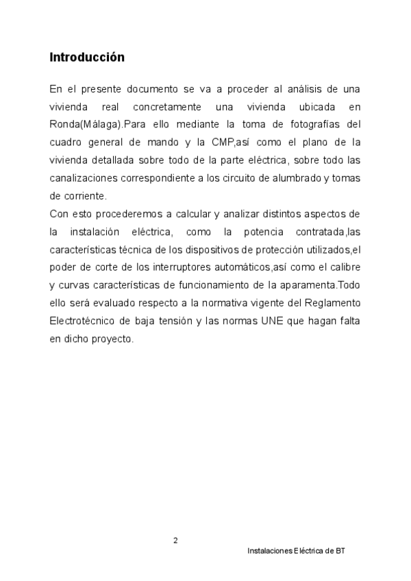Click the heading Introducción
(x=87, y=58)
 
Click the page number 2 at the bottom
(x=175, y=541)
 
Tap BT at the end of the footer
(x=340, y=551)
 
